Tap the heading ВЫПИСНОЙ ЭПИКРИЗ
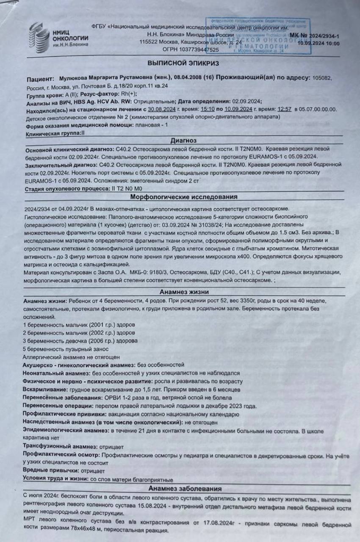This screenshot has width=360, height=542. [x=183, y=63]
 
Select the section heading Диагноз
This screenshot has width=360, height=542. [x=183, y=140]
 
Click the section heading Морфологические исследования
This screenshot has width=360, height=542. [x=183, y=197]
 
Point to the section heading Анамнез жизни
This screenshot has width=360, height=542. [x=183, y=292]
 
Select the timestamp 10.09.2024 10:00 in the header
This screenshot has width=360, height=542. [x=318, y=43]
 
